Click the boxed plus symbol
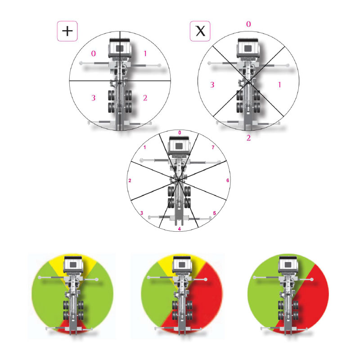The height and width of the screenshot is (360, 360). pos(67,31)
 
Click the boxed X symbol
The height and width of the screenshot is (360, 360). pos(200,31)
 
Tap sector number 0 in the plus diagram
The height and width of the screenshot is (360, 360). pos(94,54)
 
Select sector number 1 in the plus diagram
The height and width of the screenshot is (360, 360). pos(145,54)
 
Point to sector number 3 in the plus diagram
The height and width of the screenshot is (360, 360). pos(94,98)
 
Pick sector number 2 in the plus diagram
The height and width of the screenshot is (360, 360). pos(145,98)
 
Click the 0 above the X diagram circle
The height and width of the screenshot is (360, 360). pos(248,24)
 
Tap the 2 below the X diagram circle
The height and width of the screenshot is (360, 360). pos(248,138)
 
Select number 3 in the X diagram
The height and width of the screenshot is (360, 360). pos(212,85)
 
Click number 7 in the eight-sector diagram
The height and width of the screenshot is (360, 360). pos(213,148)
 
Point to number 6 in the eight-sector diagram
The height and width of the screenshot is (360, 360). pos(228,180)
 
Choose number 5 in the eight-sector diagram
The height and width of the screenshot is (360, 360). pos(215,213)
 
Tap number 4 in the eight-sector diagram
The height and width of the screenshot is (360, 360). pos(179,229)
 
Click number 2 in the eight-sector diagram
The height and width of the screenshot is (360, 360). pos(130,181)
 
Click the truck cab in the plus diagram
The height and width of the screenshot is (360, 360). pos(120,48)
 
